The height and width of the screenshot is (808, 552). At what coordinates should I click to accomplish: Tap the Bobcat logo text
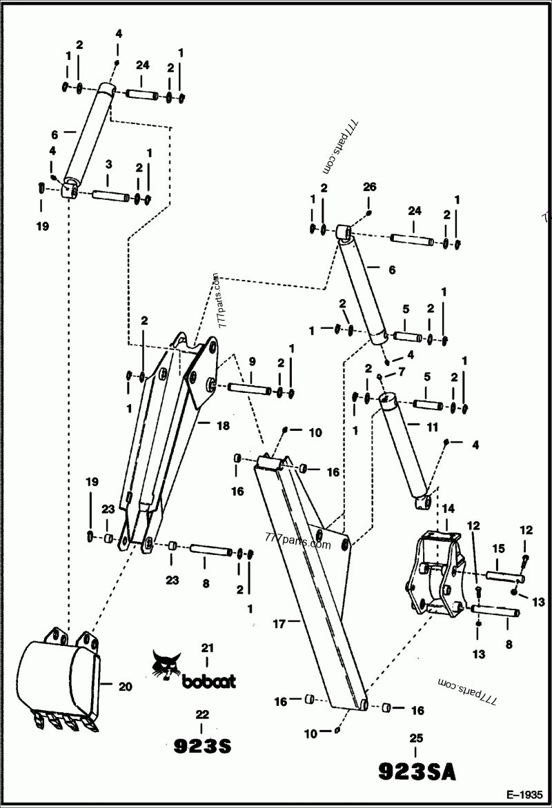208,681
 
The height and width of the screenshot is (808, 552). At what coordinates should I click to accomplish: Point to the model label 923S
201,746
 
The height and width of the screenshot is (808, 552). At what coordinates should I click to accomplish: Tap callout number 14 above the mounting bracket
448,509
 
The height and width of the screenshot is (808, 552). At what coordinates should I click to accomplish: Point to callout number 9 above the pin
252,361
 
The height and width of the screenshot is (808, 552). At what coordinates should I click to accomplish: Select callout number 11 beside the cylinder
432,427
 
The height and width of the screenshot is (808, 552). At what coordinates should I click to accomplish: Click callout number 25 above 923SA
416,738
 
